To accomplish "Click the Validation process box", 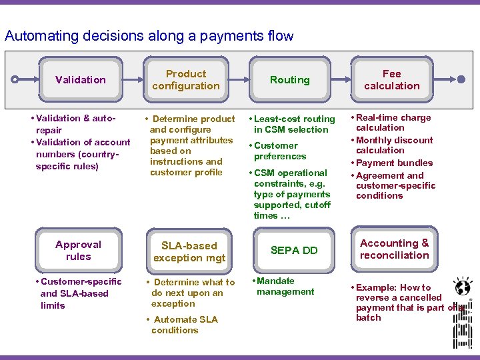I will point(81,80).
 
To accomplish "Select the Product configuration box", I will point(186,80).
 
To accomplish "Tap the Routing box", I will point(290,80).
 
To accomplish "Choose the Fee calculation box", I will point(392,80).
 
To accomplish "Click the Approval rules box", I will point(79,251).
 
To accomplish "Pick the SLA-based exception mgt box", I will point(189,251).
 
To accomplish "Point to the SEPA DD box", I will point(293,251).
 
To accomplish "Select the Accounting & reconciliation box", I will point(395,249).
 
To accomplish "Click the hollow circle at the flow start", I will point(15,79).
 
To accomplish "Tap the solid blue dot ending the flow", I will point(462,79).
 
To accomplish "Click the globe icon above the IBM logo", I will point(461,287).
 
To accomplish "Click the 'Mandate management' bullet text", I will point(285,287).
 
